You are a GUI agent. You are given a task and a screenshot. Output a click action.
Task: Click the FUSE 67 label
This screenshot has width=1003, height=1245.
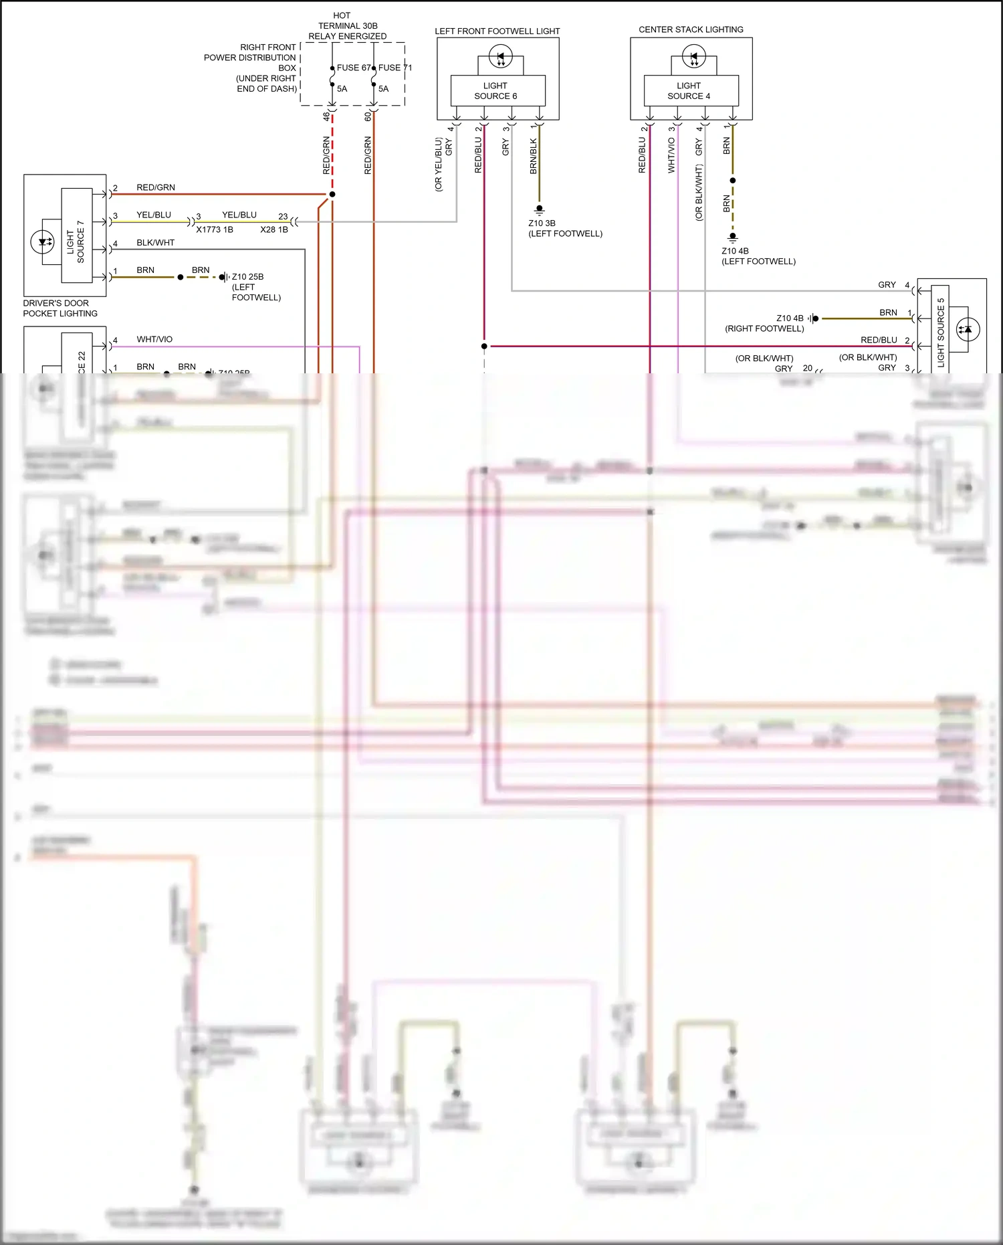(353, 68)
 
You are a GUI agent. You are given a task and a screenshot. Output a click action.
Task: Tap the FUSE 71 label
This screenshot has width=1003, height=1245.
(395, 68)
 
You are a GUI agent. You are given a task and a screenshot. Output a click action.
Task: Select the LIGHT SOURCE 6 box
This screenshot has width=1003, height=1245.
(495, 91)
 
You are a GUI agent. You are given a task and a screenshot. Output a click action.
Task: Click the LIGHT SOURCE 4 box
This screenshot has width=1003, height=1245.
(689, 91)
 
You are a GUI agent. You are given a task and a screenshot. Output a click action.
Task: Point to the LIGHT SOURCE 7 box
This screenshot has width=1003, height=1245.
(76, 235)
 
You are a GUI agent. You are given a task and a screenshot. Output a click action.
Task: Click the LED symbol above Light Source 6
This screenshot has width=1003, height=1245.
(500, 56)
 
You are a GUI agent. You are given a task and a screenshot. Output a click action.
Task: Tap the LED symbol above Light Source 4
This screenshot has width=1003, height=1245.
(693, 56)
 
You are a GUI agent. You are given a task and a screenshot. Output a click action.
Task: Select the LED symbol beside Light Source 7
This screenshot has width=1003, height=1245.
(43, 242)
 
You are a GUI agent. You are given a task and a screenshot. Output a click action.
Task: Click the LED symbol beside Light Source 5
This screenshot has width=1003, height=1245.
(968, 329)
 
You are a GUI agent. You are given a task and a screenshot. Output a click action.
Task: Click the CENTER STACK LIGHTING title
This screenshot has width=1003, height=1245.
(691, 29)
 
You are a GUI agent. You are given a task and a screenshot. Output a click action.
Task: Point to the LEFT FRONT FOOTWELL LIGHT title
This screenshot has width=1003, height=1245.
(497, 31)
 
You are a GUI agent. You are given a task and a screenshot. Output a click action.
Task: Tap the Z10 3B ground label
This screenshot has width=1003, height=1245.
(542, 223)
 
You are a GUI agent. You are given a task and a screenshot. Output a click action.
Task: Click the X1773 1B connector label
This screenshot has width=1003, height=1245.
(215, 229)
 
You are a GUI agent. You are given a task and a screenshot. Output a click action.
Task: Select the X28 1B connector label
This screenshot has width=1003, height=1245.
(274, 229)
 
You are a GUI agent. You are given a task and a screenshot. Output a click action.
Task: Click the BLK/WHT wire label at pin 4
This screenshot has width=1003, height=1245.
(155, 243)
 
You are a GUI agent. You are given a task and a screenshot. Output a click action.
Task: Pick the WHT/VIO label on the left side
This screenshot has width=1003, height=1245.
(154, 340)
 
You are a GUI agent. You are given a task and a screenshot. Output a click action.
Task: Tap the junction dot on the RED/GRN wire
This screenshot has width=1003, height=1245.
(332, 194)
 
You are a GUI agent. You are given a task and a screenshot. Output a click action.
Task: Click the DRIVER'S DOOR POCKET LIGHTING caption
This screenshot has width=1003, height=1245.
(60, 308)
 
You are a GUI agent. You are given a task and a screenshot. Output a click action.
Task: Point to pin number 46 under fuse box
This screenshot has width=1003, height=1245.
(326, 116)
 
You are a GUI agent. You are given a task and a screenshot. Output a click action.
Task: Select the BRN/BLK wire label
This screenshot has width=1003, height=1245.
(534, 156)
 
